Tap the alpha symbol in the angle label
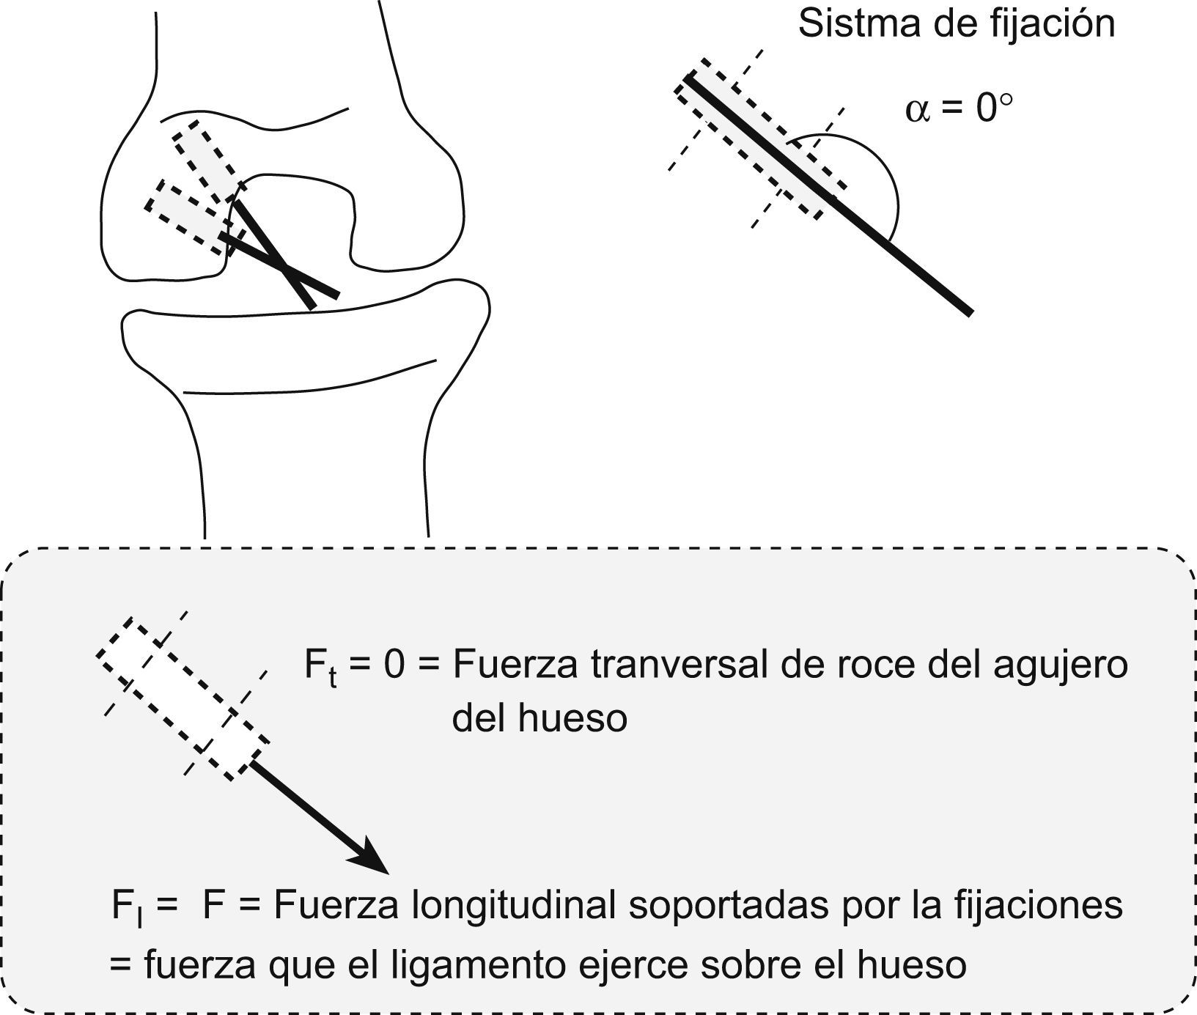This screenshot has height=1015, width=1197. (917, 110)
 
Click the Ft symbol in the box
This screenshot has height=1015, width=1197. (321, 668)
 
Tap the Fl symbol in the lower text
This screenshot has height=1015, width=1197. (125, 908)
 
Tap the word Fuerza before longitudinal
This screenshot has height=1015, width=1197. (336, 906)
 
